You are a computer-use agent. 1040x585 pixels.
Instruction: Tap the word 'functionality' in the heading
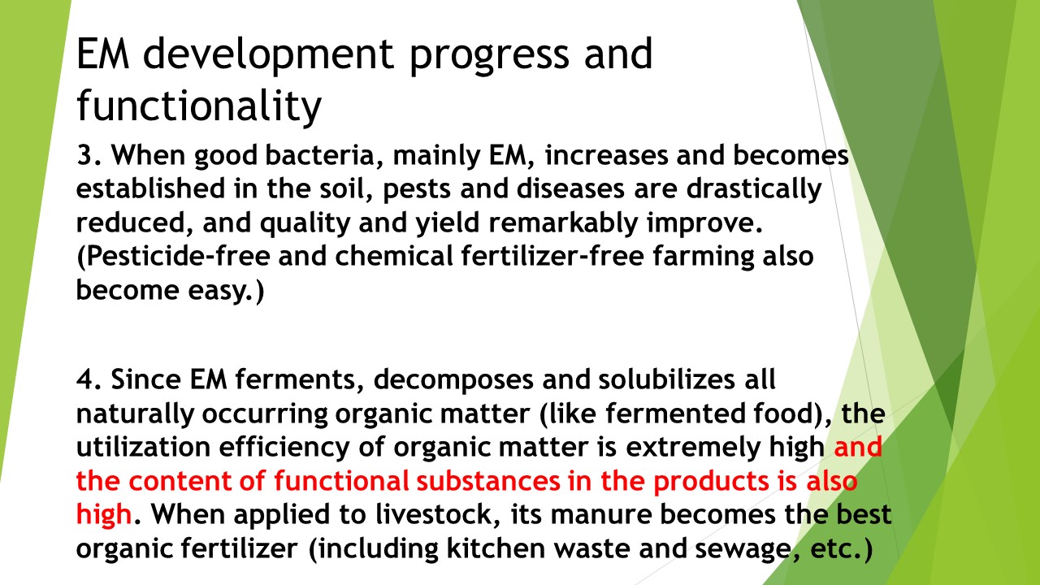coord(199,106)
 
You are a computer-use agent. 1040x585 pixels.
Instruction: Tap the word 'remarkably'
coord(564,223)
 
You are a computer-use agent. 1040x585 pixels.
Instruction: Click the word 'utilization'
coord(143,447)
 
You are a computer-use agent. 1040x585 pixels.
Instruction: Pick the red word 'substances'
coord(488,481)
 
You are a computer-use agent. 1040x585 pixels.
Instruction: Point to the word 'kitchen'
coord(496,548)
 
